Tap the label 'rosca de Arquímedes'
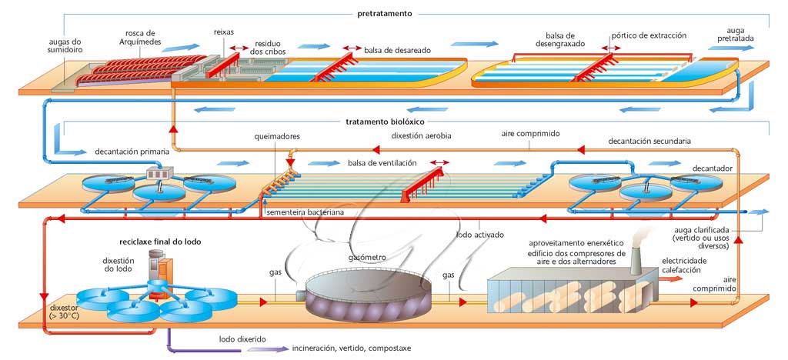[140, 38]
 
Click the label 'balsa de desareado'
[397, 50]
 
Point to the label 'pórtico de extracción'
[649, 35]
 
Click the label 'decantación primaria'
[132, 152]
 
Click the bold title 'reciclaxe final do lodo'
[160, 242]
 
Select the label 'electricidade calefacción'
[684, 265]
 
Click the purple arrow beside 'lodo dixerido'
[265, 348]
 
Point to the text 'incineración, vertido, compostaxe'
[352, 348]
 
